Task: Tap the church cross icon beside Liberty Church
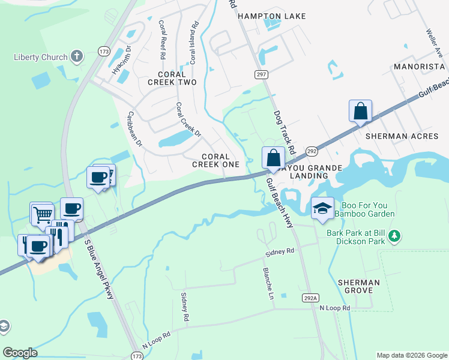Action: (76, 57)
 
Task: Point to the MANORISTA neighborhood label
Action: (418, 66)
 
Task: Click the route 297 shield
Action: (261, 74)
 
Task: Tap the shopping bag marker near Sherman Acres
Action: (360, 111)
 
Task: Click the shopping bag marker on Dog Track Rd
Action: (273, 158)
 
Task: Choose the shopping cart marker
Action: (42, 213)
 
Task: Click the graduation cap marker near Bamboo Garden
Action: (322, 208)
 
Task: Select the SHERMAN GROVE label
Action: (359, 286)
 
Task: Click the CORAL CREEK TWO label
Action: (172, 82)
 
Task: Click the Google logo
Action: (20, 353)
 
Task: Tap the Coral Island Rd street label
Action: (193, 44)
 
